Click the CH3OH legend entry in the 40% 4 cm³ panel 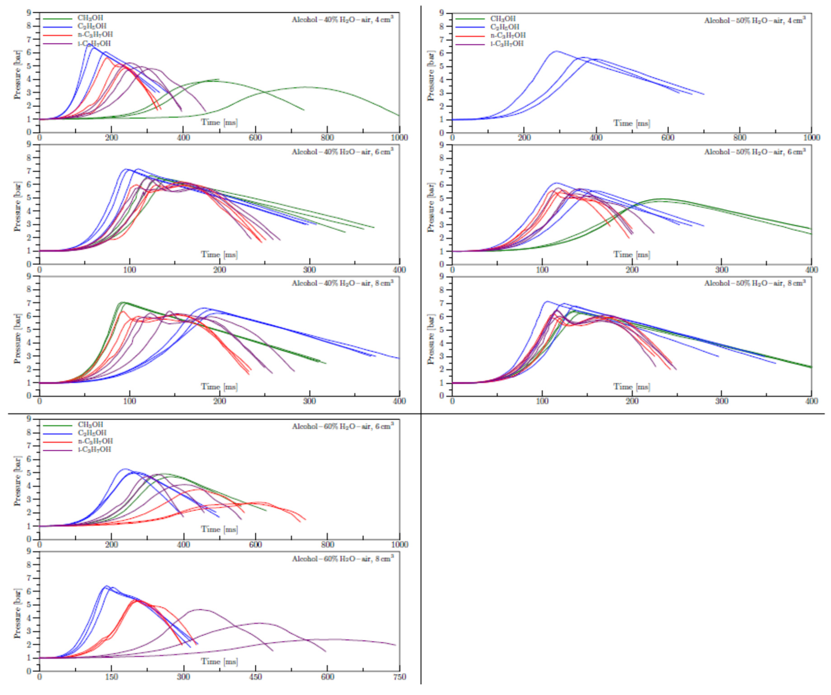point(90,18)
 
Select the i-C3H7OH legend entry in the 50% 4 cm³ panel point(507,44)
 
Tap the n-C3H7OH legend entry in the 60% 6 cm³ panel point(95,441)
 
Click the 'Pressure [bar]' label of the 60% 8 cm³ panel point(17,613)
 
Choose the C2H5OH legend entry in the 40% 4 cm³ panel point(92,26)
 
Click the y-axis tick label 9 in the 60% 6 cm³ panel point(28,419)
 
